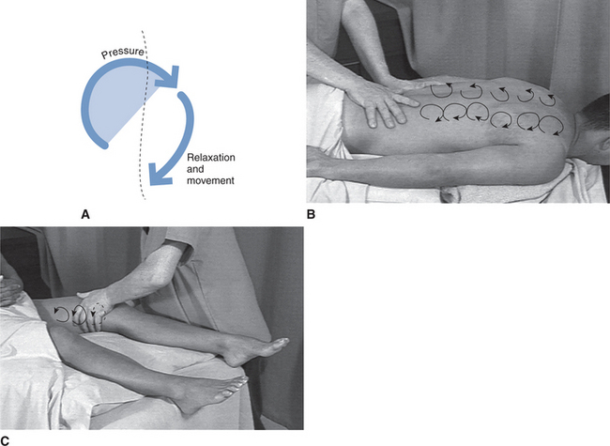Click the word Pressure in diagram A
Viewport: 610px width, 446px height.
pyautogui.click(x=124, y=57)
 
